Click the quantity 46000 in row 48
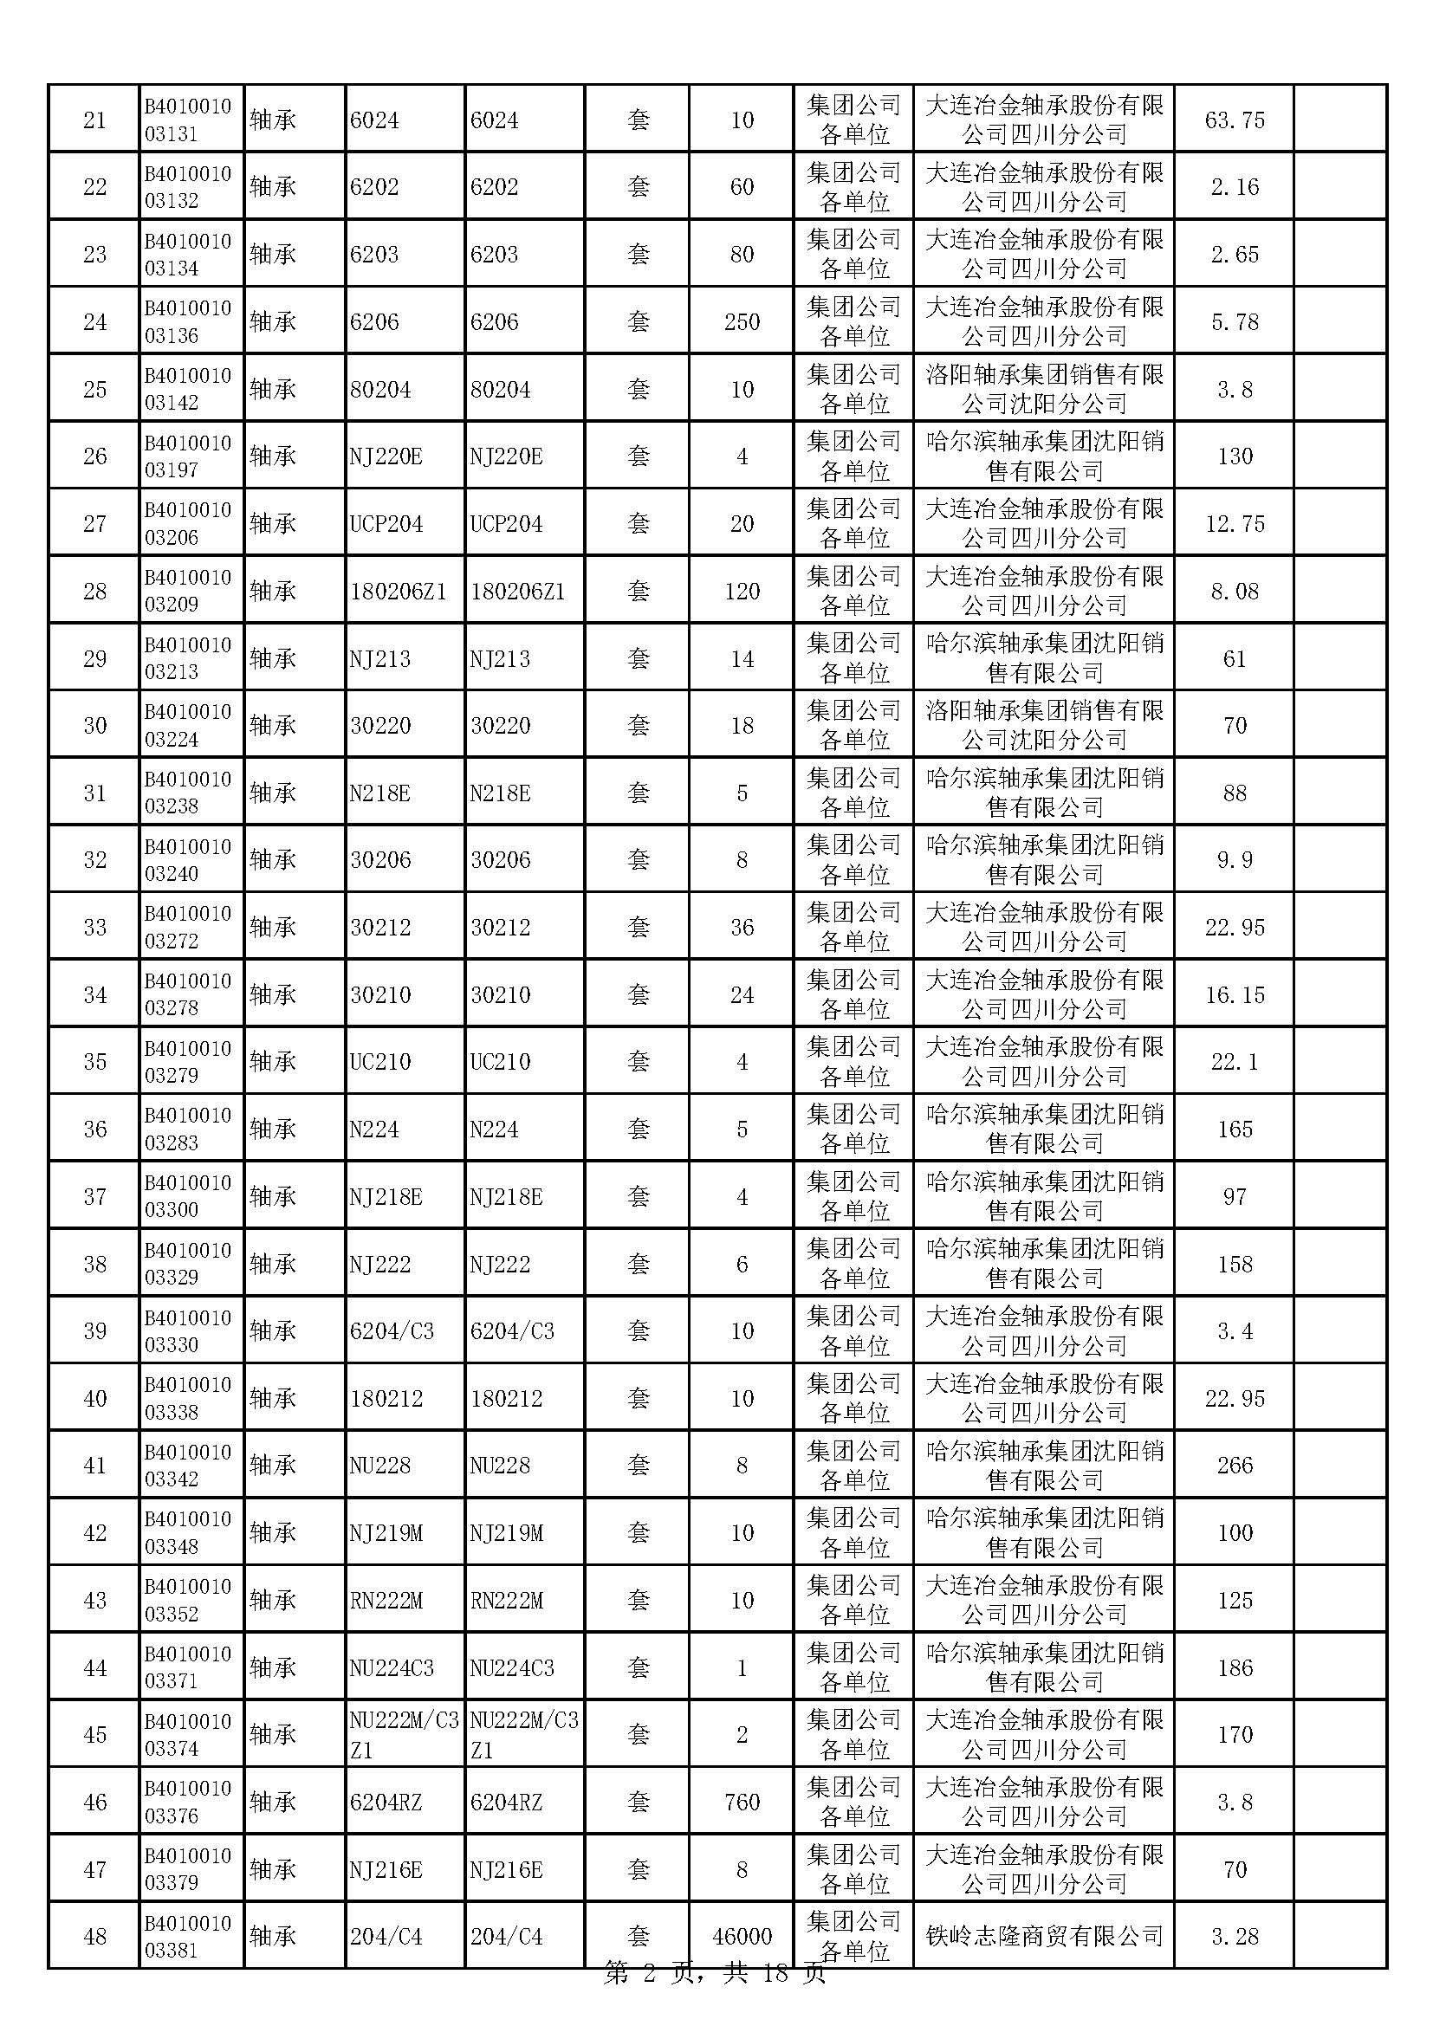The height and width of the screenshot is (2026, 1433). click(742, 1936)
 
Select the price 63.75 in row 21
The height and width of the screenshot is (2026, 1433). click(1234, 120)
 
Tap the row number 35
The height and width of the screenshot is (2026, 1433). click(94, 1062)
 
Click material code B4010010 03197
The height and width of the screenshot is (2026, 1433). click(188, 456)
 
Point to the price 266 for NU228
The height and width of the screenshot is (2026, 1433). click(1234, 1466)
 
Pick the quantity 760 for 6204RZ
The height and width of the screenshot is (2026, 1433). click(742, 1802)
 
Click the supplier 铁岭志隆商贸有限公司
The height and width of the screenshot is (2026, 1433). click(1044, 1936)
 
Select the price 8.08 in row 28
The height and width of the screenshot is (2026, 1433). click(1234, 592)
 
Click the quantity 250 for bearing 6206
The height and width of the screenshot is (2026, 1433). click(742, 322)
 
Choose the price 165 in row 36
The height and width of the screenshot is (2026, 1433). click(1234, 1130)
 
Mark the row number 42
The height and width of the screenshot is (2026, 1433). click(94, 1533)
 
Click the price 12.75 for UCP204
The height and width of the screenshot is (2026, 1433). click(1234, 524)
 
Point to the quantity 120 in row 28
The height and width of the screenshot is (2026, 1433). click(742, 592)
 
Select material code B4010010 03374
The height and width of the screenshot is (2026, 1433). click(188, 1735)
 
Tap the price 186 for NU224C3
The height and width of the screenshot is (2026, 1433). click(1234, 1667)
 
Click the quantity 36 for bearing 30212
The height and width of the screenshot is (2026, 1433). click(742, 928)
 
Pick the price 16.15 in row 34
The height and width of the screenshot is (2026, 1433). click(1234, 995)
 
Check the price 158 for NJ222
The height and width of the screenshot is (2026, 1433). click(1234, 1265)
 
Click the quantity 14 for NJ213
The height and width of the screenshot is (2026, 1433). click(742, 659)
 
